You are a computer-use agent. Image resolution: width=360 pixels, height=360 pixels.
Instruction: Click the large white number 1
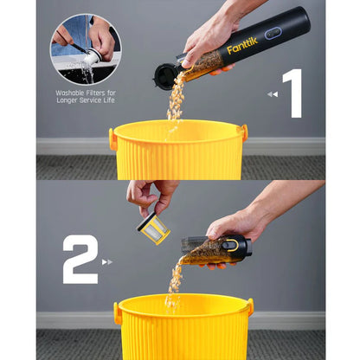click(292, 93)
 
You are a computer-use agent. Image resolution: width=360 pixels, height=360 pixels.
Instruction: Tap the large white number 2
click(80, 259)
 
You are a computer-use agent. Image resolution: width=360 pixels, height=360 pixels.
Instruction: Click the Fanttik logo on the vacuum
click(242, 45)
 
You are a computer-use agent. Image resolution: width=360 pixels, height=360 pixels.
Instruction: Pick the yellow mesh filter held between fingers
click(154, 228)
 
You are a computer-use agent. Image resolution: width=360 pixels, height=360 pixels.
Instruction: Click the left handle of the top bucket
click(112, 138)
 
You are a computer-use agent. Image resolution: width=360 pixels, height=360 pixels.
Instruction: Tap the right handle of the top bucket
click(243, 133)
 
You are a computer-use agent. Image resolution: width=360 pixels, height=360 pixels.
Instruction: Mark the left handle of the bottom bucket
click(118, 312)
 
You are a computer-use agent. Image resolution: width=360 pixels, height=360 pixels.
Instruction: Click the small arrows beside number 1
click(272, 94)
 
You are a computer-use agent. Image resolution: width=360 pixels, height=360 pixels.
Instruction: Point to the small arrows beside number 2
click(107, 260)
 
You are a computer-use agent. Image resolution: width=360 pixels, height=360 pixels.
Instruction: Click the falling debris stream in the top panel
click(177, 100)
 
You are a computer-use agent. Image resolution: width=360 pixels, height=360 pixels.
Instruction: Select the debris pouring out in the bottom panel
click(175, 281)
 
